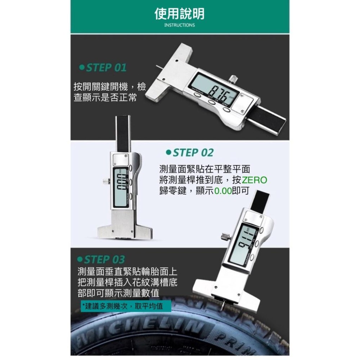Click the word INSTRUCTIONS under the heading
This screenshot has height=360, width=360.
(x=180, y=25)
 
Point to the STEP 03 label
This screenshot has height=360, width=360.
(x=101, y=260)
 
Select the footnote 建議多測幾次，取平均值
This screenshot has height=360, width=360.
(x=122, y=306)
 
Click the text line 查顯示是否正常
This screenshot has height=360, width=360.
(x=105, y=98)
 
